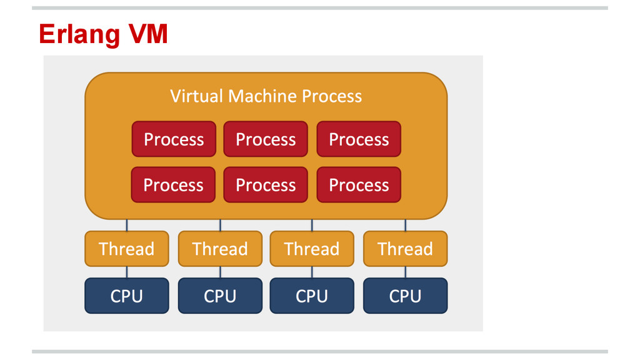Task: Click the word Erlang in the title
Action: click(x=79, y=35)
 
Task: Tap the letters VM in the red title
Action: click(x=148, y=34)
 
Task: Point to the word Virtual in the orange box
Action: click(x=197, y=96)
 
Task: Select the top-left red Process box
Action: click(x=174, y=139)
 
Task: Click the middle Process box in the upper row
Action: click(x=266, y=139)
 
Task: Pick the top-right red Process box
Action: click(x=359, y=139)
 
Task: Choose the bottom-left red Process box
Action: click(x=174, y=184)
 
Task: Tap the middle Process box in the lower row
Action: click(x=266, y=184)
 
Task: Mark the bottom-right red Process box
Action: click(x=359, y=184)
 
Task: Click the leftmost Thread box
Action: click(x=126, y=249)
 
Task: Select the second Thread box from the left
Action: click(x=220, y=249)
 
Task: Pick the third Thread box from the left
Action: click(x=312, y=249)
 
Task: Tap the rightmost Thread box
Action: click(x=405, y=249)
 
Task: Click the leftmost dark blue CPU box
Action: click(x=126, y=296)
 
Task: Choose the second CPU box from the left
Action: click(x=220, y=296)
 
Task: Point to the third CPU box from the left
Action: click(x=312, y=296)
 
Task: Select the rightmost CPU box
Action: click(x=405, y=296)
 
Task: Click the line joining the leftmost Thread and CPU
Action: click(x=126, y=272)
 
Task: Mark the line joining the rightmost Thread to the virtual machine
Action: click(x=405, y=225)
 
